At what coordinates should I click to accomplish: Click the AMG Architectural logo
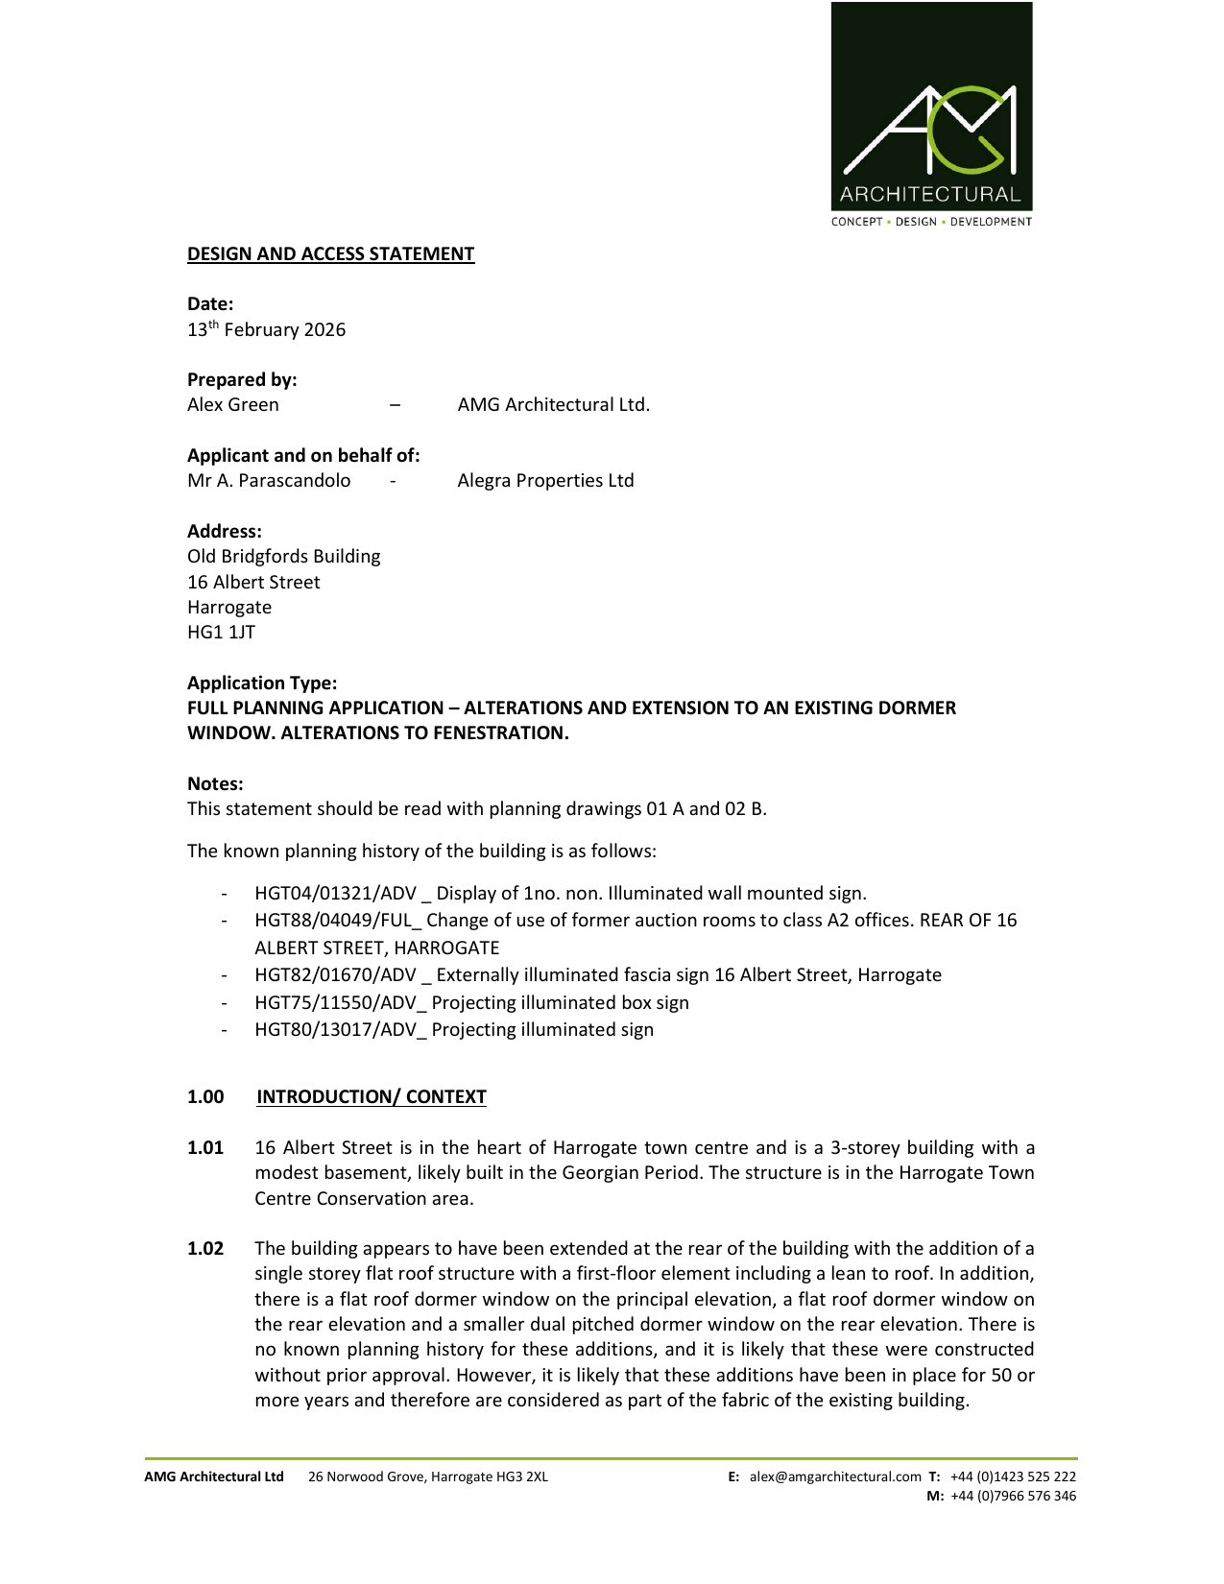pyautogui.click(x=931, y=114)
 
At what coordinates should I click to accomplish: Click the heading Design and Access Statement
pyautogui.click(x=330, y=254)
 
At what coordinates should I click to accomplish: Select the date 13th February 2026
pyautogui.click(x=266, y=330)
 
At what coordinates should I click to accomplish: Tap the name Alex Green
pyautogui.click(x=233, y=405)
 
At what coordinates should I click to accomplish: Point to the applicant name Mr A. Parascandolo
pyautogui.click(x=269, y=481)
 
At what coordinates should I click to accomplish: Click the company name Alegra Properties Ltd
pyautogui.click(x=545, y=481)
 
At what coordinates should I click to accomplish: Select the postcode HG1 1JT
pyautogui.click(x=221, y=633)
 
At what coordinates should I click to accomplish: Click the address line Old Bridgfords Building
pyautogui.click(x=283, y=557)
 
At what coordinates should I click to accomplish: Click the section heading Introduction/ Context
pyautogui.click(x=371, y=1097)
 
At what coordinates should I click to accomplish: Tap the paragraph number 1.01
pyautogui.click(x=205, y=1148)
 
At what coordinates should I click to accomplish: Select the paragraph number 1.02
pyautogui.click(x=205, y=1249)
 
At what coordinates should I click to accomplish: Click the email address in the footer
pyautogui.click(x=835, y=1477)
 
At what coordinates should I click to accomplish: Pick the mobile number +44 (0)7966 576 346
pyautogui.click(x=1013, y=1497)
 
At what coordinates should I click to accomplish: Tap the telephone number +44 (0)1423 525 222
pyautogui.click(x=1013, y=1477)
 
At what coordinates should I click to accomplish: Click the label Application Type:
pyautogui.click(x=262, y=684)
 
